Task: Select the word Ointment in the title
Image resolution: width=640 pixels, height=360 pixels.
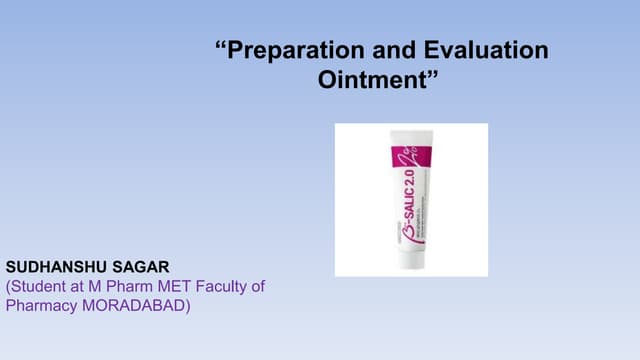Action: [x=372, y=80]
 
